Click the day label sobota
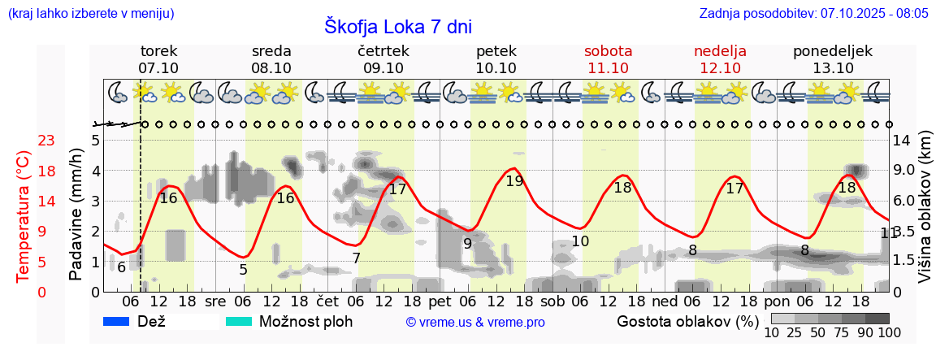tap(608, 51)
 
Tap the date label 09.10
tap(383, 68)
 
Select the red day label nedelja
tap(720, 51)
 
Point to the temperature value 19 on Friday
tap(514, 181)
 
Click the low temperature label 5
tap(243, 269)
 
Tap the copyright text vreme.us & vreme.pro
tap(475, 323)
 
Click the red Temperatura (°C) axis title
tap(24, 216)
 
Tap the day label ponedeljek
tap(833, 51)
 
